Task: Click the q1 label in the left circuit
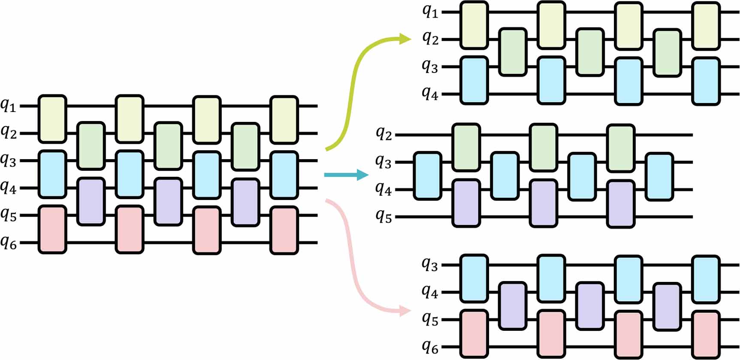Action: coord(9,105)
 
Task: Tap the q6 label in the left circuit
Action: coord(9,243)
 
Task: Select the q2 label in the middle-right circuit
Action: coord(384,134)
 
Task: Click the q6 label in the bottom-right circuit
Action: coord(430,347)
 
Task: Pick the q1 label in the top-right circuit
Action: coord(430,12)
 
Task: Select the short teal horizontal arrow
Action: coord(346,175)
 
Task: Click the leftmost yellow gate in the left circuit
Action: coord(52,119)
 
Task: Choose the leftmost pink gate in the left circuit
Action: coord(52,229)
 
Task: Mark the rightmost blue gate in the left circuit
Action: coord(284,175)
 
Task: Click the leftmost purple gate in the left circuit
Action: coord(91,201)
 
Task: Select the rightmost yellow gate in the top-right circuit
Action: coord(706,26)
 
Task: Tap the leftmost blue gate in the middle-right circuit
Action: coord(427,176)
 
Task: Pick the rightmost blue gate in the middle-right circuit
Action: coord(659,176)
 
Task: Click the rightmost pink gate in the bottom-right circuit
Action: coord(706,334)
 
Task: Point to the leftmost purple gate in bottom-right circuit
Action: coord(513,306)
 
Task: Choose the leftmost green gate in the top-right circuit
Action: coord(513,52)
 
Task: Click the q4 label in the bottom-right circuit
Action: coord(430,292)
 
